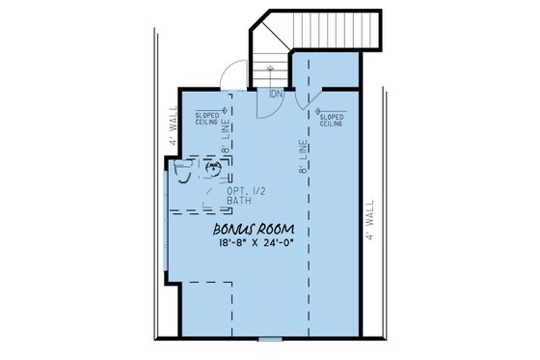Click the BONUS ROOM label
click(253, 232)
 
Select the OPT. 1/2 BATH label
click(242, 197)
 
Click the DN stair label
click(276, 94)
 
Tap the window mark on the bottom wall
click(269, 339)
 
